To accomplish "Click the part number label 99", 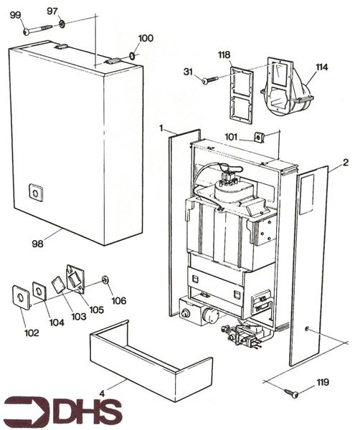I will (16, 14).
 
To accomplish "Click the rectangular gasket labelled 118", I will (240, 92).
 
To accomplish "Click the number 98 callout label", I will (37, 244).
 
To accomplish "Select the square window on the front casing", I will (34, 192).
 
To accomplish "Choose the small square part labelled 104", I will (39, 290).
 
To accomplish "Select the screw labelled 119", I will (293, 392).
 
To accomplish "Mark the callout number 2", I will (345, 163).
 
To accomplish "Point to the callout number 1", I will (163, 128).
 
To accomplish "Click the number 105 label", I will (96, 310).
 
